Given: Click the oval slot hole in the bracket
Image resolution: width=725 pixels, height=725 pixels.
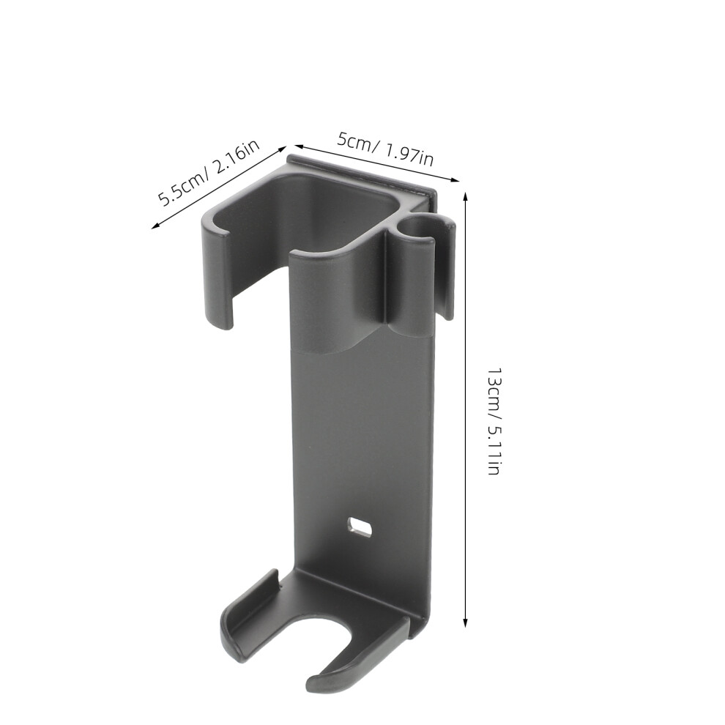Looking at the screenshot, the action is click(x=360, y=527).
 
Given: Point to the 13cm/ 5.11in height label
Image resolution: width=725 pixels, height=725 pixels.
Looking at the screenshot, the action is click(x=494, y=422).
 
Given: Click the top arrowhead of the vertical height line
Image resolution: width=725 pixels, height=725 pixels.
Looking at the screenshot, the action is click(x=466, y=196).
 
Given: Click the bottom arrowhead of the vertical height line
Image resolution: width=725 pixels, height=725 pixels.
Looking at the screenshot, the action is click(x=466, y=622).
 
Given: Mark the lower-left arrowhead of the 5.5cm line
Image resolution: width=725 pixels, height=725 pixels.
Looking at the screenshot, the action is click(x=155, y=226).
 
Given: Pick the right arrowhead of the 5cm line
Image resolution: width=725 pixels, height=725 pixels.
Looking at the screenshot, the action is click(x=454, y=179).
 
